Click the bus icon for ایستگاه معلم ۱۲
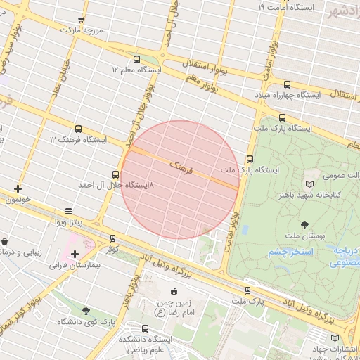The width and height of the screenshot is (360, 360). tap(136, 60)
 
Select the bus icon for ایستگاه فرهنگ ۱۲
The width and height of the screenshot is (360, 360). tap(77, 129)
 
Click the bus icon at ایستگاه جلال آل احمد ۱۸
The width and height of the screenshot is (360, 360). tap(115, 174)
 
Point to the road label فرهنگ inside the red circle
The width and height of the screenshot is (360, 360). tap(179, 167)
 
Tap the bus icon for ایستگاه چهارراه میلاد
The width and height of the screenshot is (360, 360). tap(287, 84)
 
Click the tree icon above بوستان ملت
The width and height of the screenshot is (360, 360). tap(304, 226)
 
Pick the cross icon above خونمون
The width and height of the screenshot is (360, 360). tap(18, 188)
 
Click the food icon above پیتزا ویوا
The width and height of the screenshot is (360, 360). tap(68, 211)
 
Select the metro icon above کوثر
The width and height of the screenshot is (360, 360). tap(113, 238)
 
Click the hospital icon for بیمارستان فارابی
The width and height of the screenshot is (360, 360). tap(75, 254)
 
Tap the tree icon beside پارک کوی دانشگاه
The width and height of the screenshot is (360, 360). tap(86, 311)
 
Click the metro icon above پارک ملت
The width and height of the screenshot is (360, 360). tap(247, 290)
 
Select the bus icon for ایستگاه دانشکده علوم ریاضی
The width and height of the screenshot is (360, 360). tap(146, 328)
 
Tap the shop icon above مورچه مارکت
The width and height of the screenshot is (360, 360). tap(82, 20)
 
